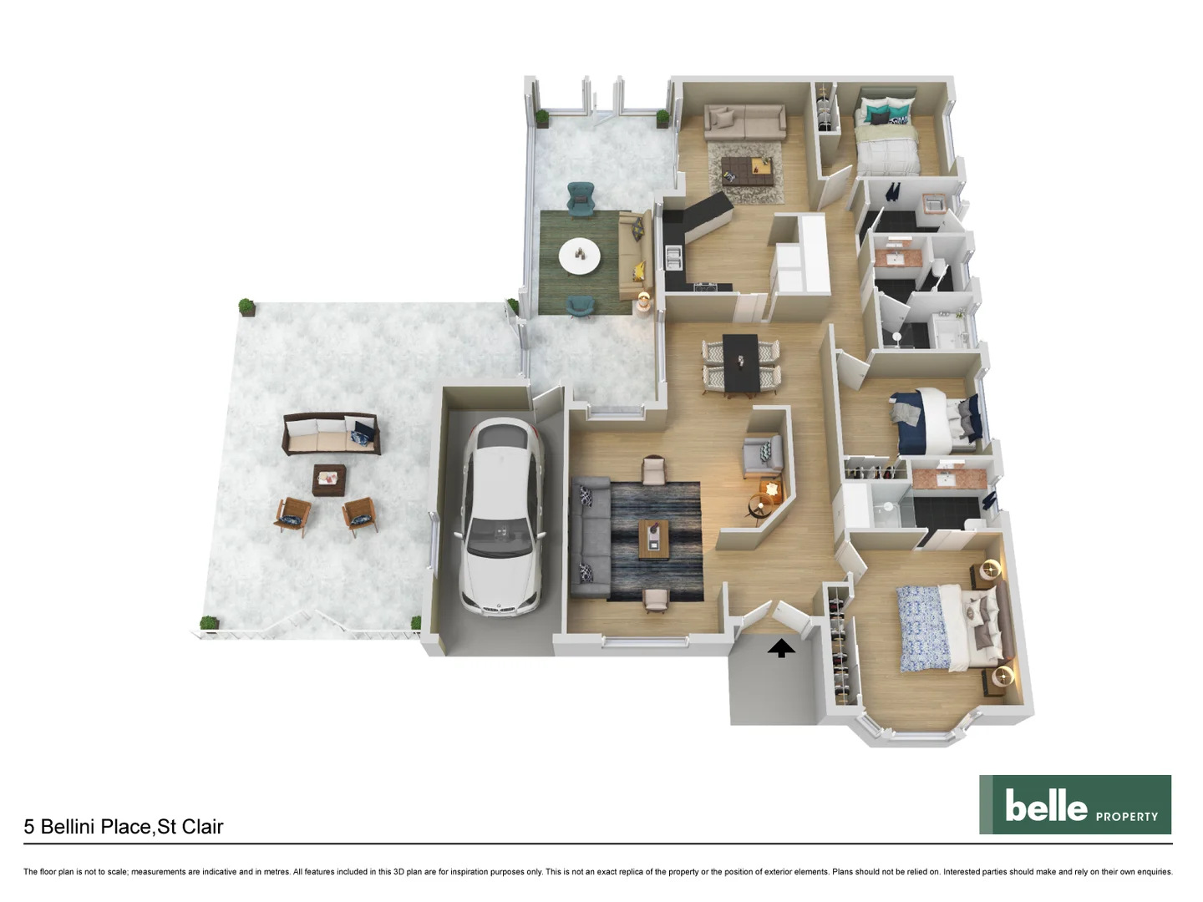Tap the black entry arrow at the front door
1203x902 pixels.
coord(781,648)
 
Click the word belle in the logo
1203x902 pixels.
coord(1046,806)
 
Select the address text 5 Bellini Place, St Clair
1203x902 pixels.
coord(124,827)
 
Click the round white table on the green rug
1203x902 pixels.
coord(579,256)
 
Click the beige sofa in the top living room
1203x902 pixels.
coord(744,123)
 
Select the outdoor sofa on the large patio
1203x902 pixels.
coord(332,433)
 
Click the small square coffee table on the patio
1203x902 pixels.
coord(329,480)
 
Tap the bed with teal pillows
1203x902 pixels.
coord(886,137)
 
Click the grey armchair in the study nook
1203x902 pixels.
coord(761,455)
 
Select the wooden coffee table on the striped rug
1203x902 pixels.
coord(654,539)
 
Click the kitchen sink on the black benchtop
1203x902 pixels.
coord(673,257)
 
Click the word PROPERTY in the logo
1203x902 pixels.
coord(1126,817)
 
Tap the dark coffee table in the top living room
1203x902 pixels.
coord(744,169)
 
